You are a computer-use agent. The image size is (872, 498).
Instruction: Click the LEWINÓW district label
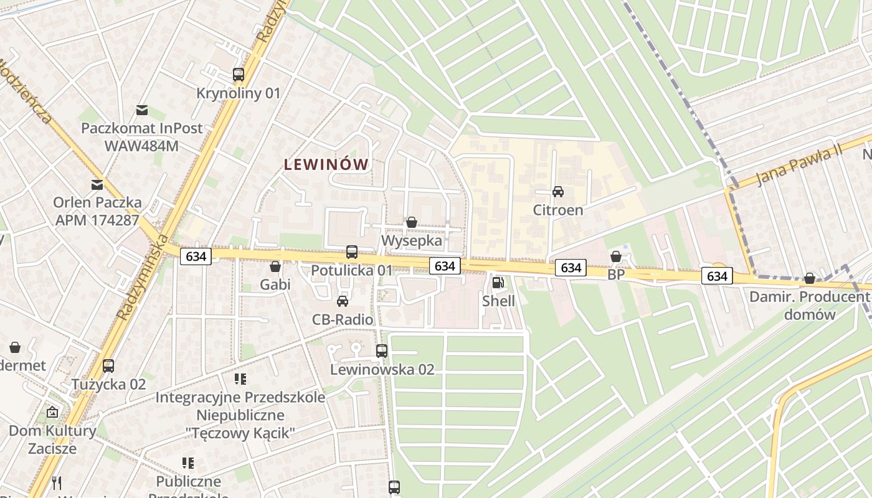(x=326, y=165)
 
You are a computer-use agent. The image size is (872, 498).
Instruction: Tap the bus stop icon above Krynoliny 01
(x=239, y=75)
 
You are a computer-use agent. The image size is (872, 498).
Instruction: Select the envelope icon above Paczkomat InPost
(x=142, y=110)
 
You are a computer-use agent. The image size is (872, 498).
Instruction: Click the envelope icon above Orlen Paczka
(x=97, y=185)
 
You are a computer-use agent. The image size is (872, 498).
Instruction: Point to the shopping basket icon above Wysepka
(x=411, y=222)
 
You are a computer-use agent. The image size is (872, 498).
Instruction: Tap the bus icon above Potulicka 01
(x=352, y=252)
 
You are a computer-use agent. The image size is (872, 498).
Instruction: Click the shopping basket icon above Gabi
(x=275, y=266)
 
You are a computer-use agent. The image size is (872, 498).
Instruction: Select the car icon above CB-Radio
(x=342, y=301)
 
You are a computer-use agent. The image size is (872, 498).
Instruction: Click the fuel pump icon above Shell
(x=498, y=283)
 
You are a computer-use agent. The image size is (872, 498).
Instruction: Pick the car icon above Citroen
(x=558, y=192)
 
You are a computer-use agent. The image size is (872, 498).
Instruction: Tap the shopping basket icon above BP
(x=616, y=256)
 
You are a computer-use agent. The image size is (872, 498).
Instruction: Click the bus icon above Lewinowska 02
(x=382, y=351)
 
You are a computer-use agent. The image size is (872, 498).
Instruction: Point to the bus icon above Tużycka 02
(x=108, y=366)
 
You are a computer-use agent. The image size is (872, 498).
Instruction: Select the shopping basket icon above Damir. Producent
(x=810, y=278)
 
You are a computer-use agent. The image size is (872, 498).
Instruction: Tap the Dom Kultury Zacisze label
(x=52, y=439)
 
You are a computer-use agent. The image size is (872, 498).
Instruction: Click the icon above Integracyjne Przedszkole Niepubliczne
(x=240, y=379)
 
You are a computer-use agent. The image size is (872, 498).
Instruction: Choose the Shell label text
(x=499, y=301)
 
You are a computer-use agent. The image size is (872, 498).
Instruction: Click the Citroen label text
(x=558, y=210)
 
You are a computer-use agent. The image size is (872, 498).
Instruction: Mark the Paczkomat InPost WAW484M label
(x=142, y=137)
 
